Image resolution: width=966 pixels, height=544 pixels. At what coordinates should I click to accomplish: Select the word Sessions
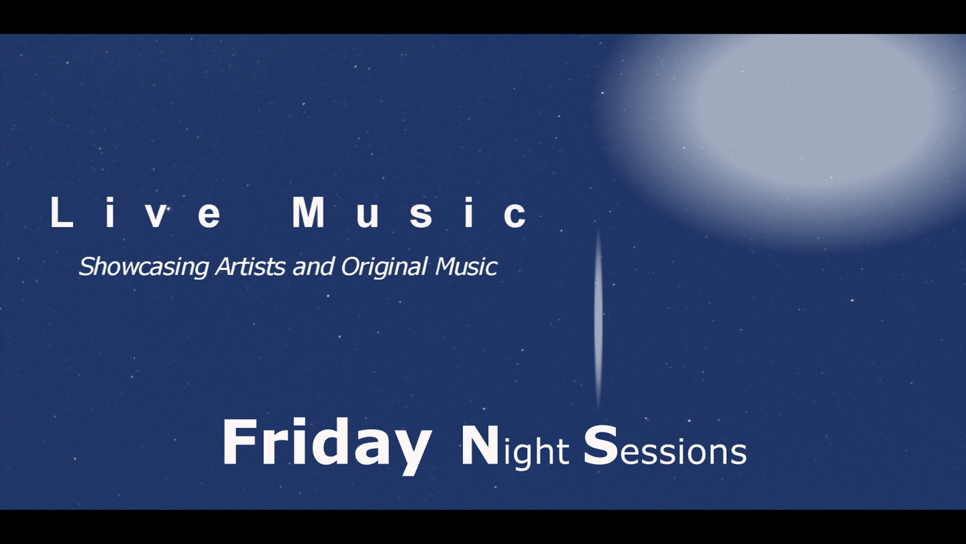point(665,446)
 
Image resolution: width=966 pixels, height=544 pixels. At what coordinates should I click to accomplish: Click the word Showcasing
point(144,267)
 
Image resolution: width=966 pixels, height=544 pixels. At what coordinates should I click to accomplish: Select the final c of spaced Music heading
point(515,216)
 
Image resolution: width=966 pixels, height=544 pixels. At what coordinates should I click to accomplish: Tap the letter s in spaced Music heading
point(421,216)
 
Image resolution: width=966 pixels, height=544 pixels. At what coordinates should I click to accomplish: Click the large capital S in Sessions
point(601,445)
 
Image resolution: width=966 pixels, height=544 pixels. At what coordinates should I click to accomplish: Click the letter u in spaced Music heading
point(367,216)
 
